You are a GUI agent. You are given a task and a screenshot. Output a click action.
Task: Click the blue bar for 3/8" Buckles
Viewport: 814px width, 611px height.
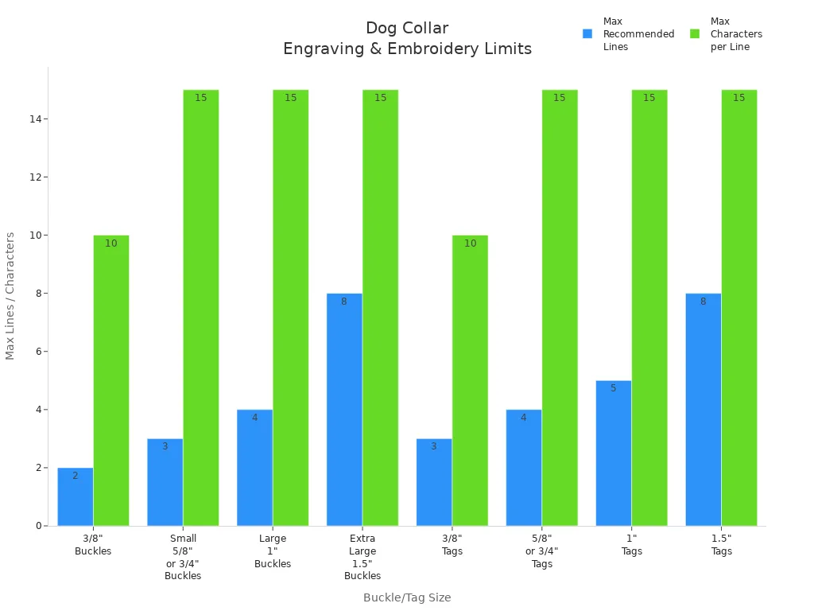point(76,497)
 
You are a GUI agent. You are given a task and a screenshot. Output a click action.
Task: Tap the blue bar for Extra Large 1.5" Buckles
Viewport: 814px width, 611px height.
point(344,410)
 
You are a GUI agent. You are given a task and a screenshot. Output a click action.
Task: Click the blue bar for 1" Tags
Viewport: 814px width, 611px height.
point(614,453)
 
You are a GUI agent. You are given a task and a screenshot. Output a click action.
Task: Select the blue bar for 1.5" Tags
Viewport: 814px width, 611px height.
point(704,410)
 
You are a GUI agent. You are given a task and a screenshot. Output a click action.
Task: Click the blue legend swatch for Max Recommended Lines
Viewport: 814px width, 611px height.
point(587,34)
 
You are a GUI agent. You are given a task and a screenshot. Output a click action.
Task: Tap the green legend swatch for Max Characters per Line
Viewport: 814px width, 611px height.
point(695,34)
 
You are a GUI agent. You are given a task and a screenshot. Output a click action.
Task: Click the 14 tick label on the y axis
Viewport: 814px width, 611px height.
point(36,119)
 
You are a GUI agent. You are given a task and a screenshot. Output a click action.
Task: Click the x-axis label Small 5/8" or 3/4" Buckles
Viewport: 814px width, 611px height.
point(183,557)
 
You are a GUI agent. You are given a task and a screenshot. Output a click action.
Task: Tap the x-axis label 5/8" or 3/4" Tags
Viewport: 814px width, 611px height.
point(542,551)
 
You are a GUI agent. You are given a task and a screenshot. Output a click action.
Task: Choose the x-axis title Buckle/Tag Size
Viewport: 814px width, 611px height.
point(407,597)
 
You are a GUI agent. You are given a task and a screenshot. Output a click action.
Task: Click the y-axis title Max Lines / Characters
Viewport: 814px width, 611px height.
point(10,296)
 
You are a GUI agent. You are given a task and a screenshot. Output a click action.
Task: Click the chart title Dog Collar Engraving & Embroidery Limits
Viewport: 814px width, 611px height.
point(407,39)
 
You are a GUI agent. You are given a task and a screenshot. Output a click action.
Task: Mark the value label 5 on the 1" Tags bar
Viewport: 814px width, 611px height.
point(614,388)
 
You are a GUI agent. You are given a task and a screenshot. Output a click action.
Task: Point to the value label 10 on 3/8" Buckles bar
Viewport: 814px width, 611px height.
point(111,243)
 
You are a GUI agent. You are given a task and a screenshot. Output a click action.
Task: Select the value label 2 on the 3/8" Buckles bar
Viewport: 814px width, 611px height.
point(76,476)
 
